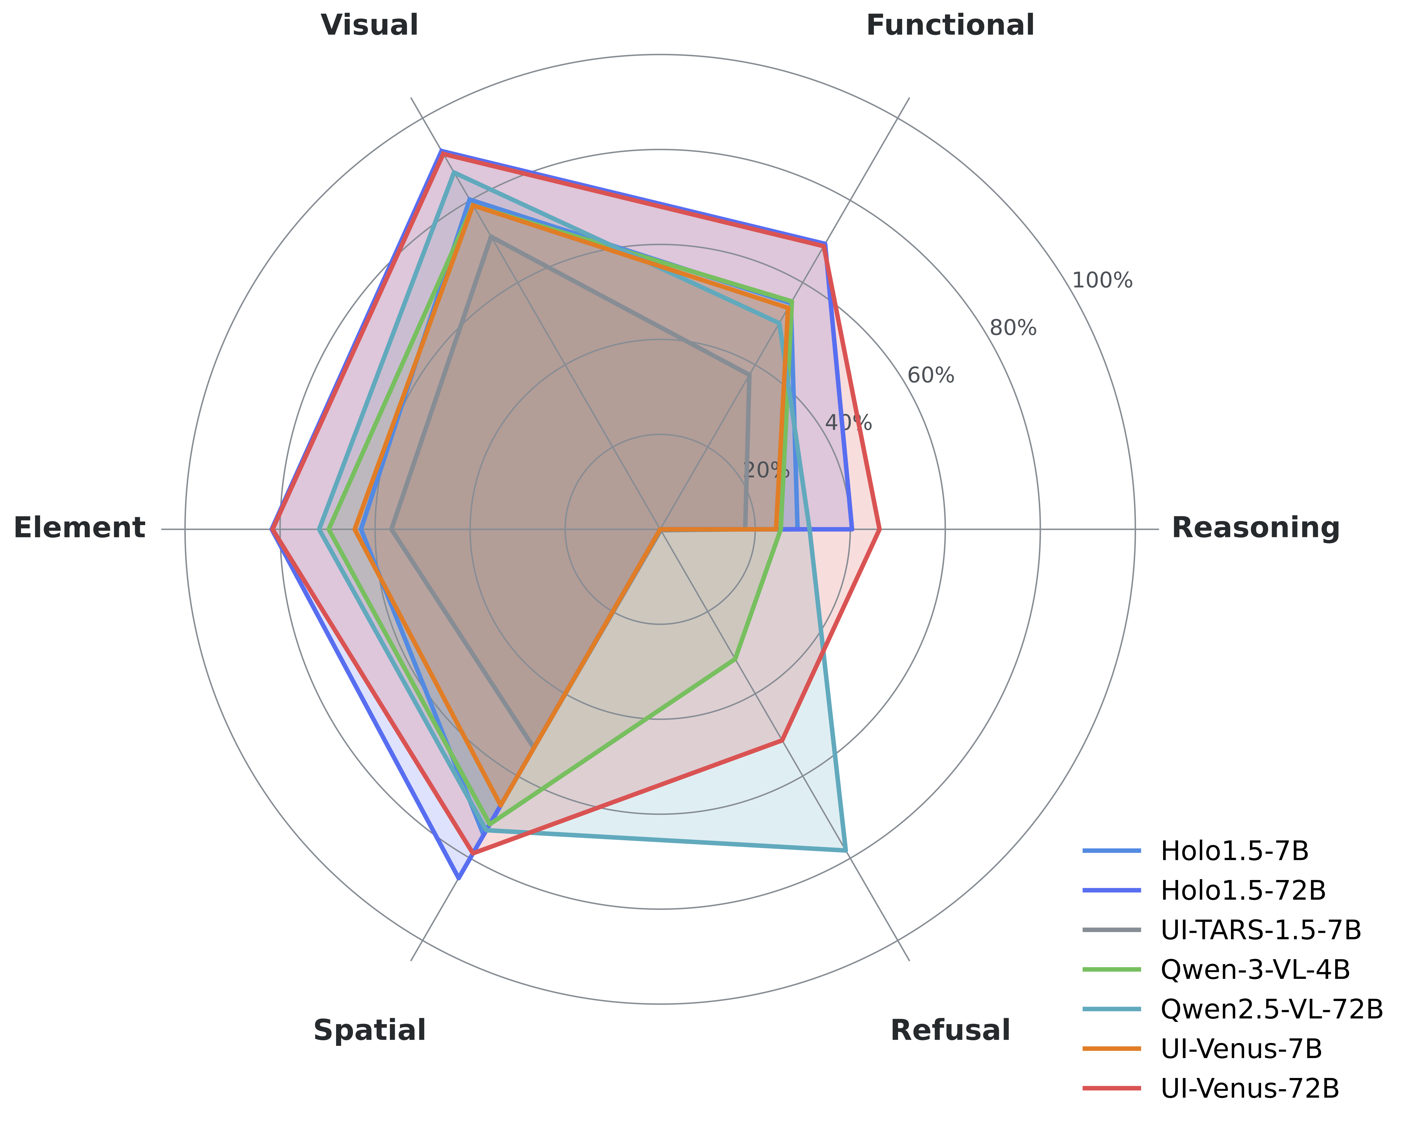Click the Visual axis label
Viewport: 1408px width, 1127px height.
point(370,26)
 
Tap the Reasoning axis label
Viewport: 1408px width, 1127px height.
point(1255,528)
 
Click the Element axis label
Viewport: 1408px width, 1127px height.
point(79,528)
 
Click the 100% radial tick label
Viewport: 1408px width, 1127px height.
point(1102,281)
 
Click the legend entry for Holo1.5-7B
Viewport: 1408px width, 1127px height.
point(1234,851)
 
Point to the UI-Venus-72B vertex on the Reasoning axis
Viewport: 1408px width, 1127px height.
point(880,529)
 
